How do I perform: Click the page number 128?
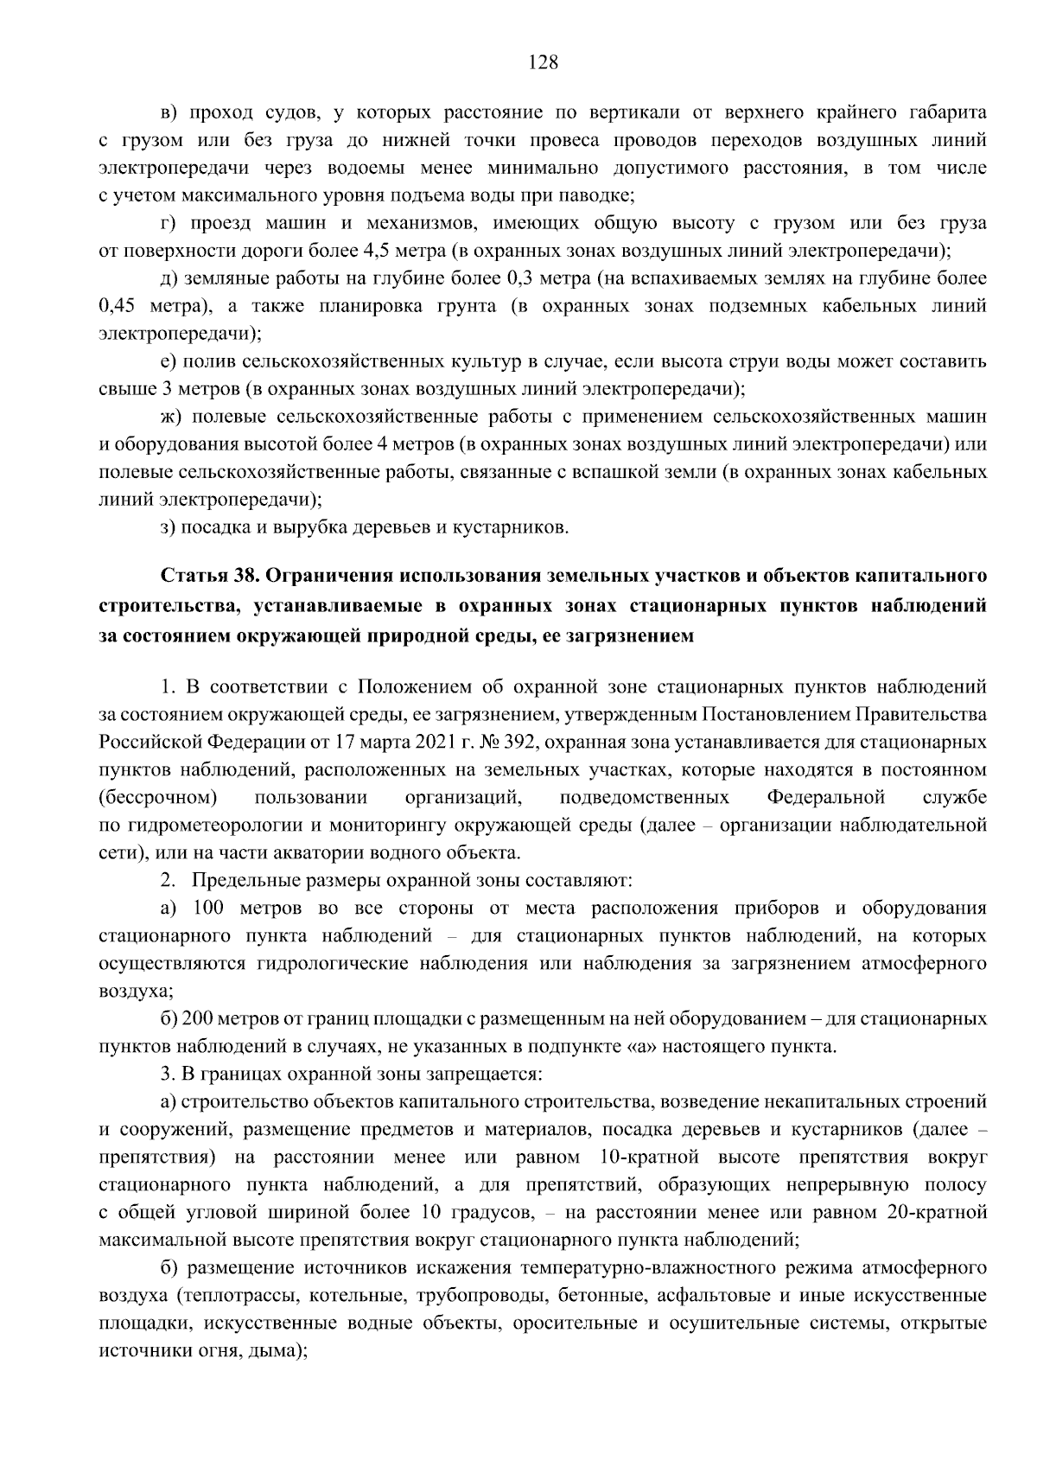pos(543,62)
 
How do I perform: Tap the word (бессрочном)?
pos(157,797)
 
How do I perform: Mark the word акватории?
pos(293,852)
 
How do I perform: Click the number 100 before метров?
pos(207,908)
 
